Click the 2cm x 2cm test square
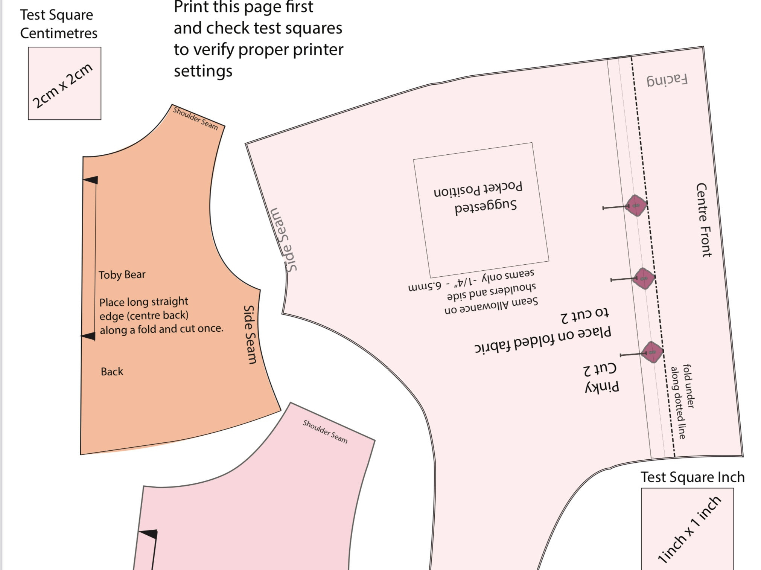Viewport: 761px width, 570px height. click(x=64, y=83)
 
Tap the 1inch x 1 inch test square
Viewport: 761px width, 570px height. click(x=687, y=529)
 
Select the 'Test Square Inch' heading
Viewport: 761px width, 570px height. click(x=692, y=477)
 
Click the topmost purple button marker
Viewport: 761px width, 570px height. click(x=636, y=206)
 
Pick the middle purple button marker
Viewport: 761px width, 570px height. click(x=644, y=279)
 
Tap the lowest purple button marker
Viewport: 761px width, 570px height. click(x=652, y=352)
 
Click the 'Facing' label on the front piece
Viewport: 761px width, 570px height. click(x=667, y=80)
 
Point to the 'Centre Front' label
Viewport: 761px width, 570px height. click(x=703, y=220)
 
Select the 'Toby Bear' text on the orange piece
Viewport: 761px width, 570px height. click(x=122, y=274)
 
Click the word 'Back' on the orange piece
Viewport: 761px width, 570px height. click(x=112, y=372)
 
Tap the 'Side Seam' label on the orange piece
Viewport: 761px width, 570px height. click(x=250, y=334)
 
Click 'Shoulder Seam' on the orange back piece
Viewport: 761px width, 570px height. click(x=195, y=118)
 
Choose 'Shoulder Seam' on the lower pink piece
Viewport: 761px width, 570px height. click(x=325, y=431)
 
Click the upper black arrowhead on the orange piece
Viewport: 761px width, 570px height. click(x=91, y=180)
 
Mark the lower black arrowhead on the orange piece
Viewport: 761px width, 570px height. click(x=89, y=336)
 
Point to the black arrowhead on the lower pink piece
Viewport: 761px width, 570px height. click(x=149, y=534)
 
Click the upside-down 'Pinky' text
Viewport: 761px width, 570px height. click(x=602, y=387)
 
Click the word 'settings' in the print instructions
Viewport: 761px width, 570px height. click(x=203, y=71)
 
